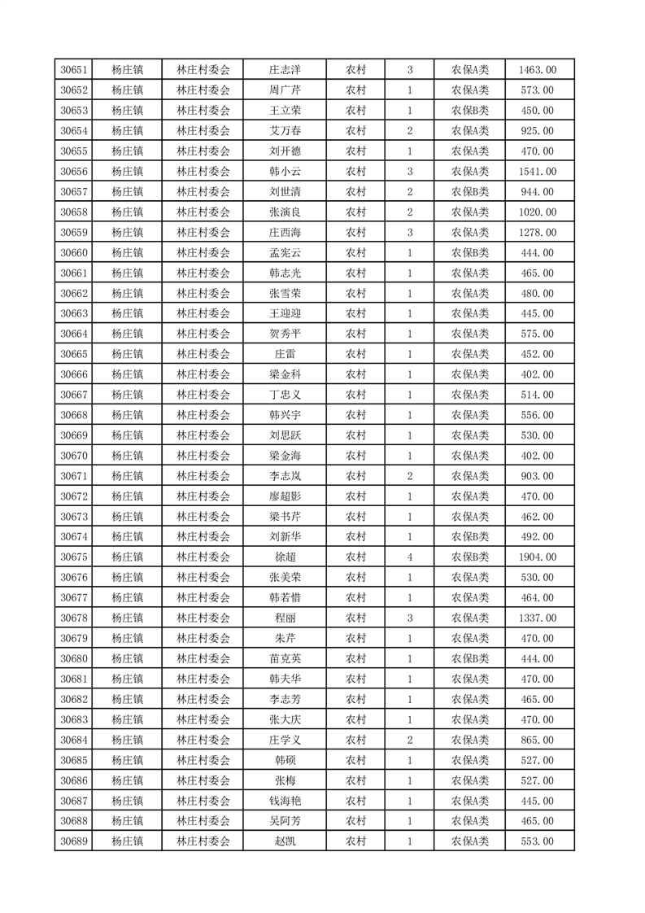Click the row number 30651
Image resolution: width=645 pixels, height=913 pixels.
click(74, 70)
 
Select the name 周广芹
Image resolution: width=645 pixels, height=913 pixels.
click(285, 90)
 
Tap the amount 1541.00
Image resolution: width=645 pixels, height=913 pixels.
click(537, 172)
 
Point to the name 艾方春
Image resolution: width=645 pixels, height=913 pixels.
click(285, 131)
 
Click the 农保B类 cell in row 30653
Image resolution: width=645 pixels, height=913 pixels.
click(470, 111)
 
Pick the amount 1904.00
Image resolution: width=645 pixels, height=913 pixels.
click(537, 557)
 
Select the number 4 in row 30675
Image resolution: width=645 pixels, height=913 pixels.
click(409, 557)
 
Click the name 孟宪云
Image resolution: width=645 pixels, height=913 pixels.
click(285, 253)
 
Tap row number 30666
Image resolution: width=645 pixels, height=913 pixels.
click(74, 374)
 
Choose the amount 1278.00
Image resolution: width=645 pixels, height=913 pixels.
click(537, 233)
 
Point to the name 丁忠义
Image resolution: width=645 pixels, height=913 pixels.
click(285, 395)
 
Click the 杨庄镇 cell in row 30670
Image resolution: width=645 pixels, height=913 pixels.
click(127, 456)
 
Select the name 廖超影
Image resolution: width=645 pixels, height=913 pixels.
click(285, 496)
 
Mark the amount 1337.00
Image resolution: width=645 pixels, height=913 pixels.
click(537, 618)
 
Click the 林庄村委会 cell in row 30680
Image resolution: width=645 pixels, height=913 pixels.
click(203, 659)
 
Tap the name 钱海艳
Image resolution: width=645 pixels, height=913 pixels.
click(285, 801)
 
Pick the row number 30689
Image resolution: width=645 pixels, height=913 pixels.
click(74, 841)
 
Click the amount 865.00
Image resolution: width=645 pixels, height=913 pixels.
click(537, 740)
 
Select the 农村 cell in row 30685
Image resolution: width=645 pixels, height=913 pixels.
click(355, 760)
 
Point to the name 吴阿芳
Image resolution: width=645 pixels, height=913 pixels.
click(285, 821)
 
